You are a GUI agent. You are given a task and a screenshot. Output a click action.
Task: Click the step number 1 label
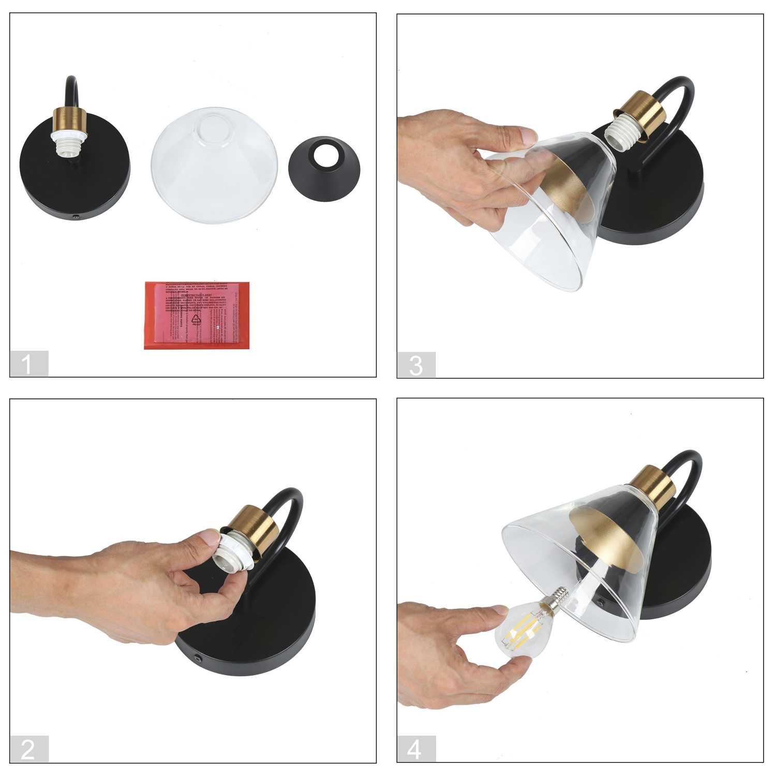pos(28,364)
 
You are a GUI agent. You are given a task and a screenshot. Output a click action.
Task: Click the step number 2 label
pos(28,749)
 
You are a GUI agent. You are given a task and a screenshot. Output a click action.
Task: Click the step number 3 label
pos(416,365)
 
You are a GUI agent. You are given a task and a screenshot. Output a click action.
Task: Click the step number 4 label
pos(416,749)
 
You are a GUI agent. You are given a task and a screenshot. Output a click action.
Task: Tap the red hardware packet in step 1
pos(197,315)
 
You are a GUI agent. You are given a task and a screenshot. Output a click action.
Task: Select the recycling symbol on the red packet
pos(196,320)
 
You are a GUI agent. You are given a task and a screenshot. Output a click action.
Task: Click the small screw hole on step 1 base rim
pos(76,218)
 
